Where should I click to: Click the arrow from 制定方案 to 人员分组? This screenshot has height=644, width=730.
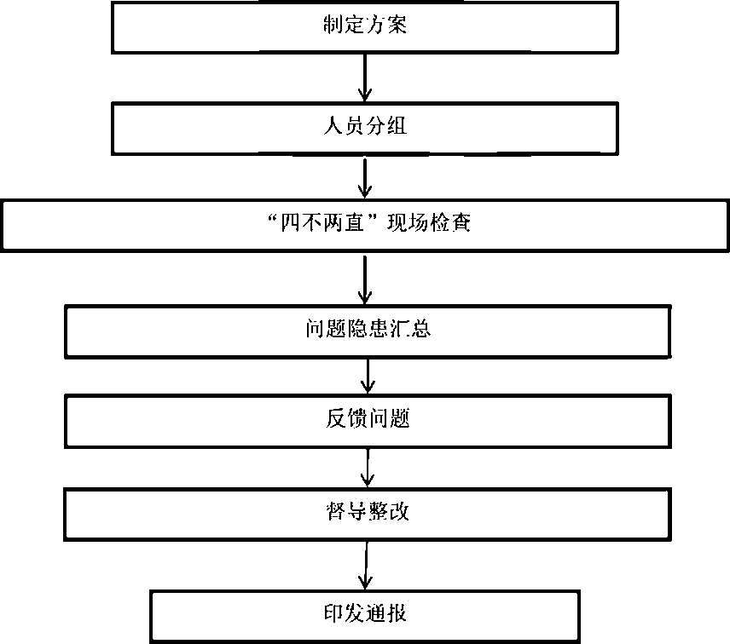[x=365, y=78]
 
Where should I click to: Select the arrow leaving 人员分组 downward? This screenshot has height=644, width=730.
[x=365, y=177]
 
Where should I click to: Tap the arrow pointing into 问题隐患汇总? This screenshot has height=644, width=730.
[x=365, y=279]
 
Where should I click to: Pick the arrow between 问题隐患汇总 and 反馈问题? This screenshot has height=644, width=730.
[x=367, y=376]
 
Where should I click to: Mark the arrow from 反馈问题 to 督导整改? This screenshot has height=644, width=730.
[x=367, y=467]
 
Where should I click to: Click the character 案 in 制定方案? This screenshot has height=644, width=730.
[x=397, y=26]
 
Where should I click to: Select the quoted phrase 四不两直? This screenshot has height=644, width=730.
[x=322, y=225]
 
